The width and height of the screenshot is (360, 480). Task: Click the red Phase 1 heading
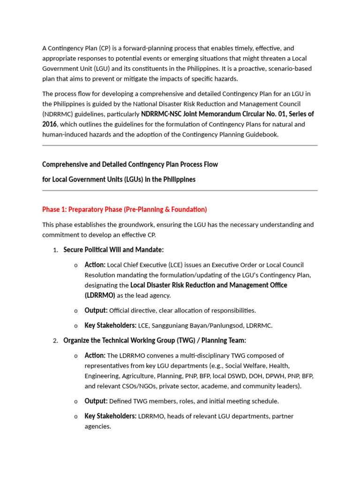(124, 209)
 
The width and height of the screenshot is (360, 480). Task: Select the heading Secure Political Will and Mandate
(113, 249)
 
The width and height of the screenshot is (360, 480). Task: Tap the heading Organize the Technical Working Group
(154, 340)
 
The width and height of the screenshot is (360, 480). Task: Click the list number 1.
(55, 250)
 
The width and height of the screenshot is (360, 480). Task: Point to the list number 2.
(55, 341)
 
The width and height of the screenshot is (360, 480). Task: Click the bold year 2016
(49, 124)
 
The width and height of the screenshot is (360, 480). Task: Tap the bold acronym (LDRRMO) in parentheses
(100, 295)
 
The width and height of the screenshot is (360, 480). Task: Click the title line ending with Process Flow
(130, 165)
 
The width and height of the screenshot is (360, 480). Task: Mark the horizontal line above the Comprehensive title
(180, 145)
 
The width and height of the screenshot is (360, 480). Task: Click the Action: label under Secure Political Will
(95, 265)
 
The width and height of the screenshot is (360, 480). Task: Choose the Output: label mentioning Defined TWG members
(96, 401)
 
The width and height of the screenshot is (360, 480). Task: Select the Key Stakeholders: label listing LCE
(110, 325)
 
